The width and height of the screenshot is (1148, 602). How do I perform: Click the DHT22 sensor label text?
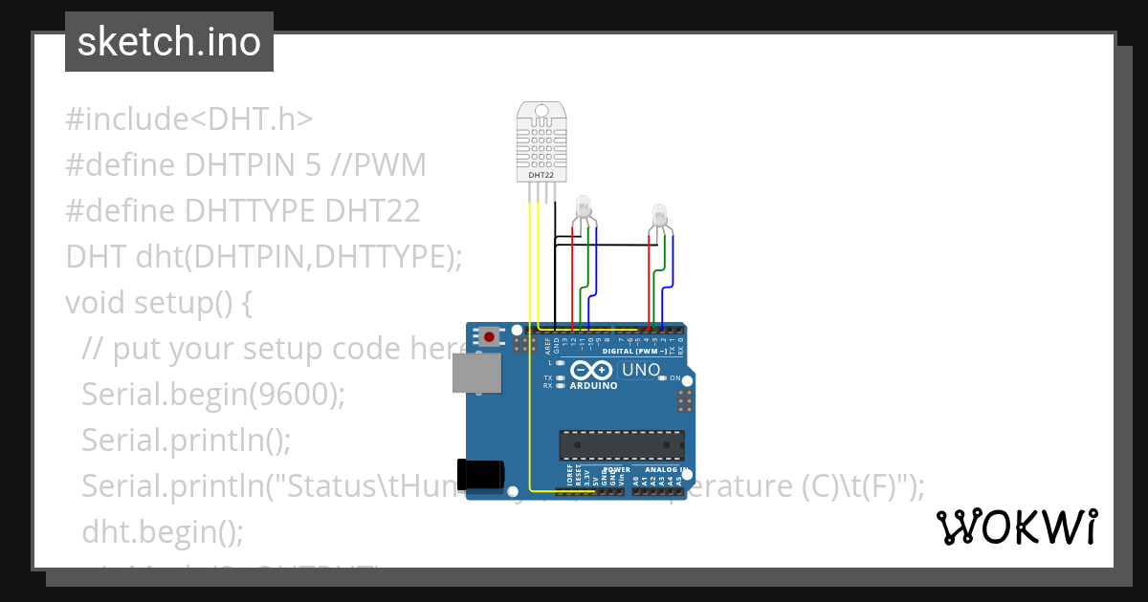pos(541,176)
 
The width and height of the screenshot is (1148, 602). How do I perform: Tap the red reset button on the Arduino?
pos(490,336)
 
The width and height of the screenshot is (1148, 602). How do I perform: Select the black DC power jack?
pos(480,476)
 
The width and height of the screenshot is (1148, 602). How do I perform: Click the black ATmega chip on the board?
pos(622,444)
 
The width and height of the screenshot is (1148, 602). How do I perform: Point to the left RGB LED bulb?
pos(583,207)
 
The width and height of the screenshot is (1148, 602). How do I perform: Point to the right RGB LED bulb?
pos(659,215)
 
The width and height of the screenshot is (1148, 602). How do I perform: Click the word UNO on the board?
pos(641,370)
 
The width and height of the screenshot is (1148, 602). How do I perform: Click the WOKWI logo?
pos(1016,527)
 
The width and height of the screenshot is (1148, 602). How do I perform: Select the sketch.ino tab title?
pos(169,42)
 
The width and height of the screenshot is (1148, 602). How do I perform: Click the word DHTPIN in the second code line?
pos(229,165)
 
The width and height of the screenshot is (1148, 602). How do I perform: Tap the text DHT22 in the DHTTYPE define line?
pos(373,210)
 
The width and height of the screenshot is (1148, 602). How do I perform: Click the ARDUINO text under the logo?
pos(593,386)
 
